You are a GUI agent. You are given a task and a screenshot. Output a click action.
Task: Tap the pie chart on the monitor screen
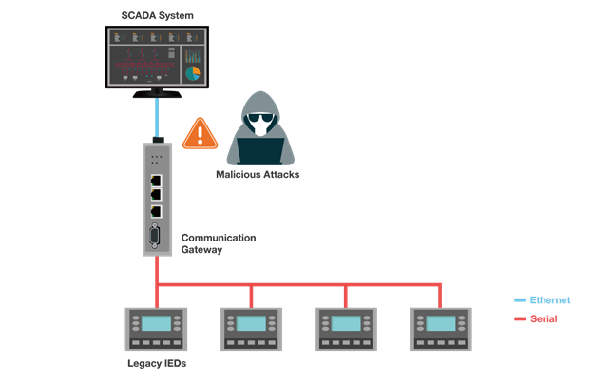193,72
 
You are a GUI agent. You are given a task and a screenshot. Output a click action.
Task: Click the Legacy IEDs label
156,364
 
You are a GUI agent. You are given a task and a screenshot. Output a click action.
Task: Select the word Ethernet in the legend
550,299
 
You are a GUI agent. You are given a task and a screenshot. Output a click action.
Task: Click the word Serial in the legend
544,318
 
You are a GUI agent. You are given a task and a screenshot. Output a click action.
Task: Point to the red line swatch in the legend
520,318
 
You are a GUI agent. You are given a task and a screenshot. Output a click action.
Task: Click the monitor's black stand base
158,94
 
